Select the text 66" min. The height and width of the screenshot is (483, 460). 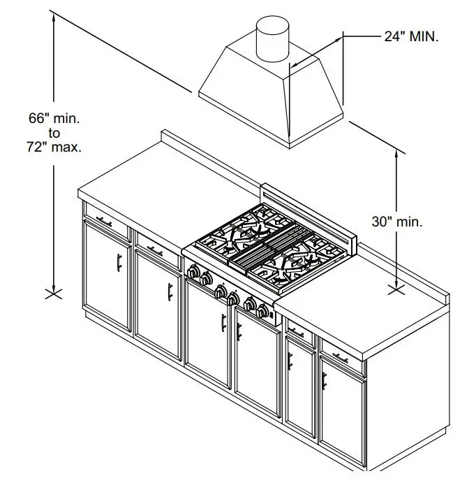pyautogui.click(x=54, y=118)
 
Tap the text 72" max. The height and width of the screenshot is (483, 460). pyautogui.click(x=54, y=147)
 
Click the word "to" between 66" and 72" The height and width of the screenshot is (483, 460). pyautogui.click(x=54, y=133)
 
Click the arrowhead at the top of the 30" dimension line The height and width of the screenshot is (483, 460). pyautogui.click(x=397, y=153)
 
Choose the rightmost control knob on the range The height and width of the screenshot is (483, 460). pyautogui.click(x=263, y=310)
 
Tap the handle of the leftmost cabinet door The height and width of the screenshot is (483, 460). pyautogui.click(x=119, y=262)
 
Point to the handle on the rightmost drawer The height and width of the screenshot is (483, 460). pyautogui.click(x=340, y=359)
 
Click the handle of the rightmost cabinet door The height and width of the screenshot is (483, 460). pyautogui.click(x=324, y=381)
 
